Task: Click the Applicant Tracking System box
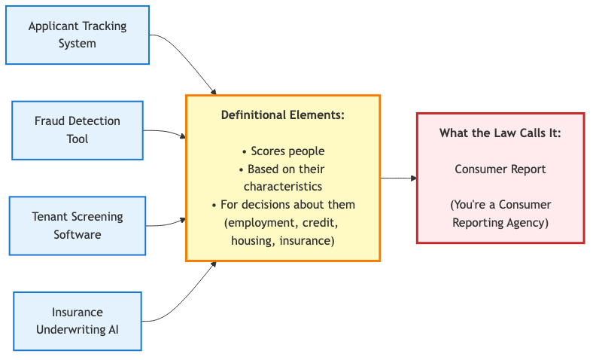tap(78, 35)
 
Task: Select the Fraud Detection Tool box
tap(78, 130)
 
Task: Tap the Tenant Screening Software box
tap(78, 225)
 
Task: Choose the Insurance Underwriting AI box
tap(78, 321)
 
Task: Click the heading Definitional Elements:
tap(283, 115)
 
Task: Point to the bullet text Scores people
tap(283, 151)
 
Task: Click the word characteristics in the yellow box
tap(283, 186)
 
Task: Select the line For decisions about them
tap(283, 205)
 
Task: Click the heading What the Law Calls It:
tap(500, 133)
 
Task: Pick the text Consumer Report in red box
tap(500, 169)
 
